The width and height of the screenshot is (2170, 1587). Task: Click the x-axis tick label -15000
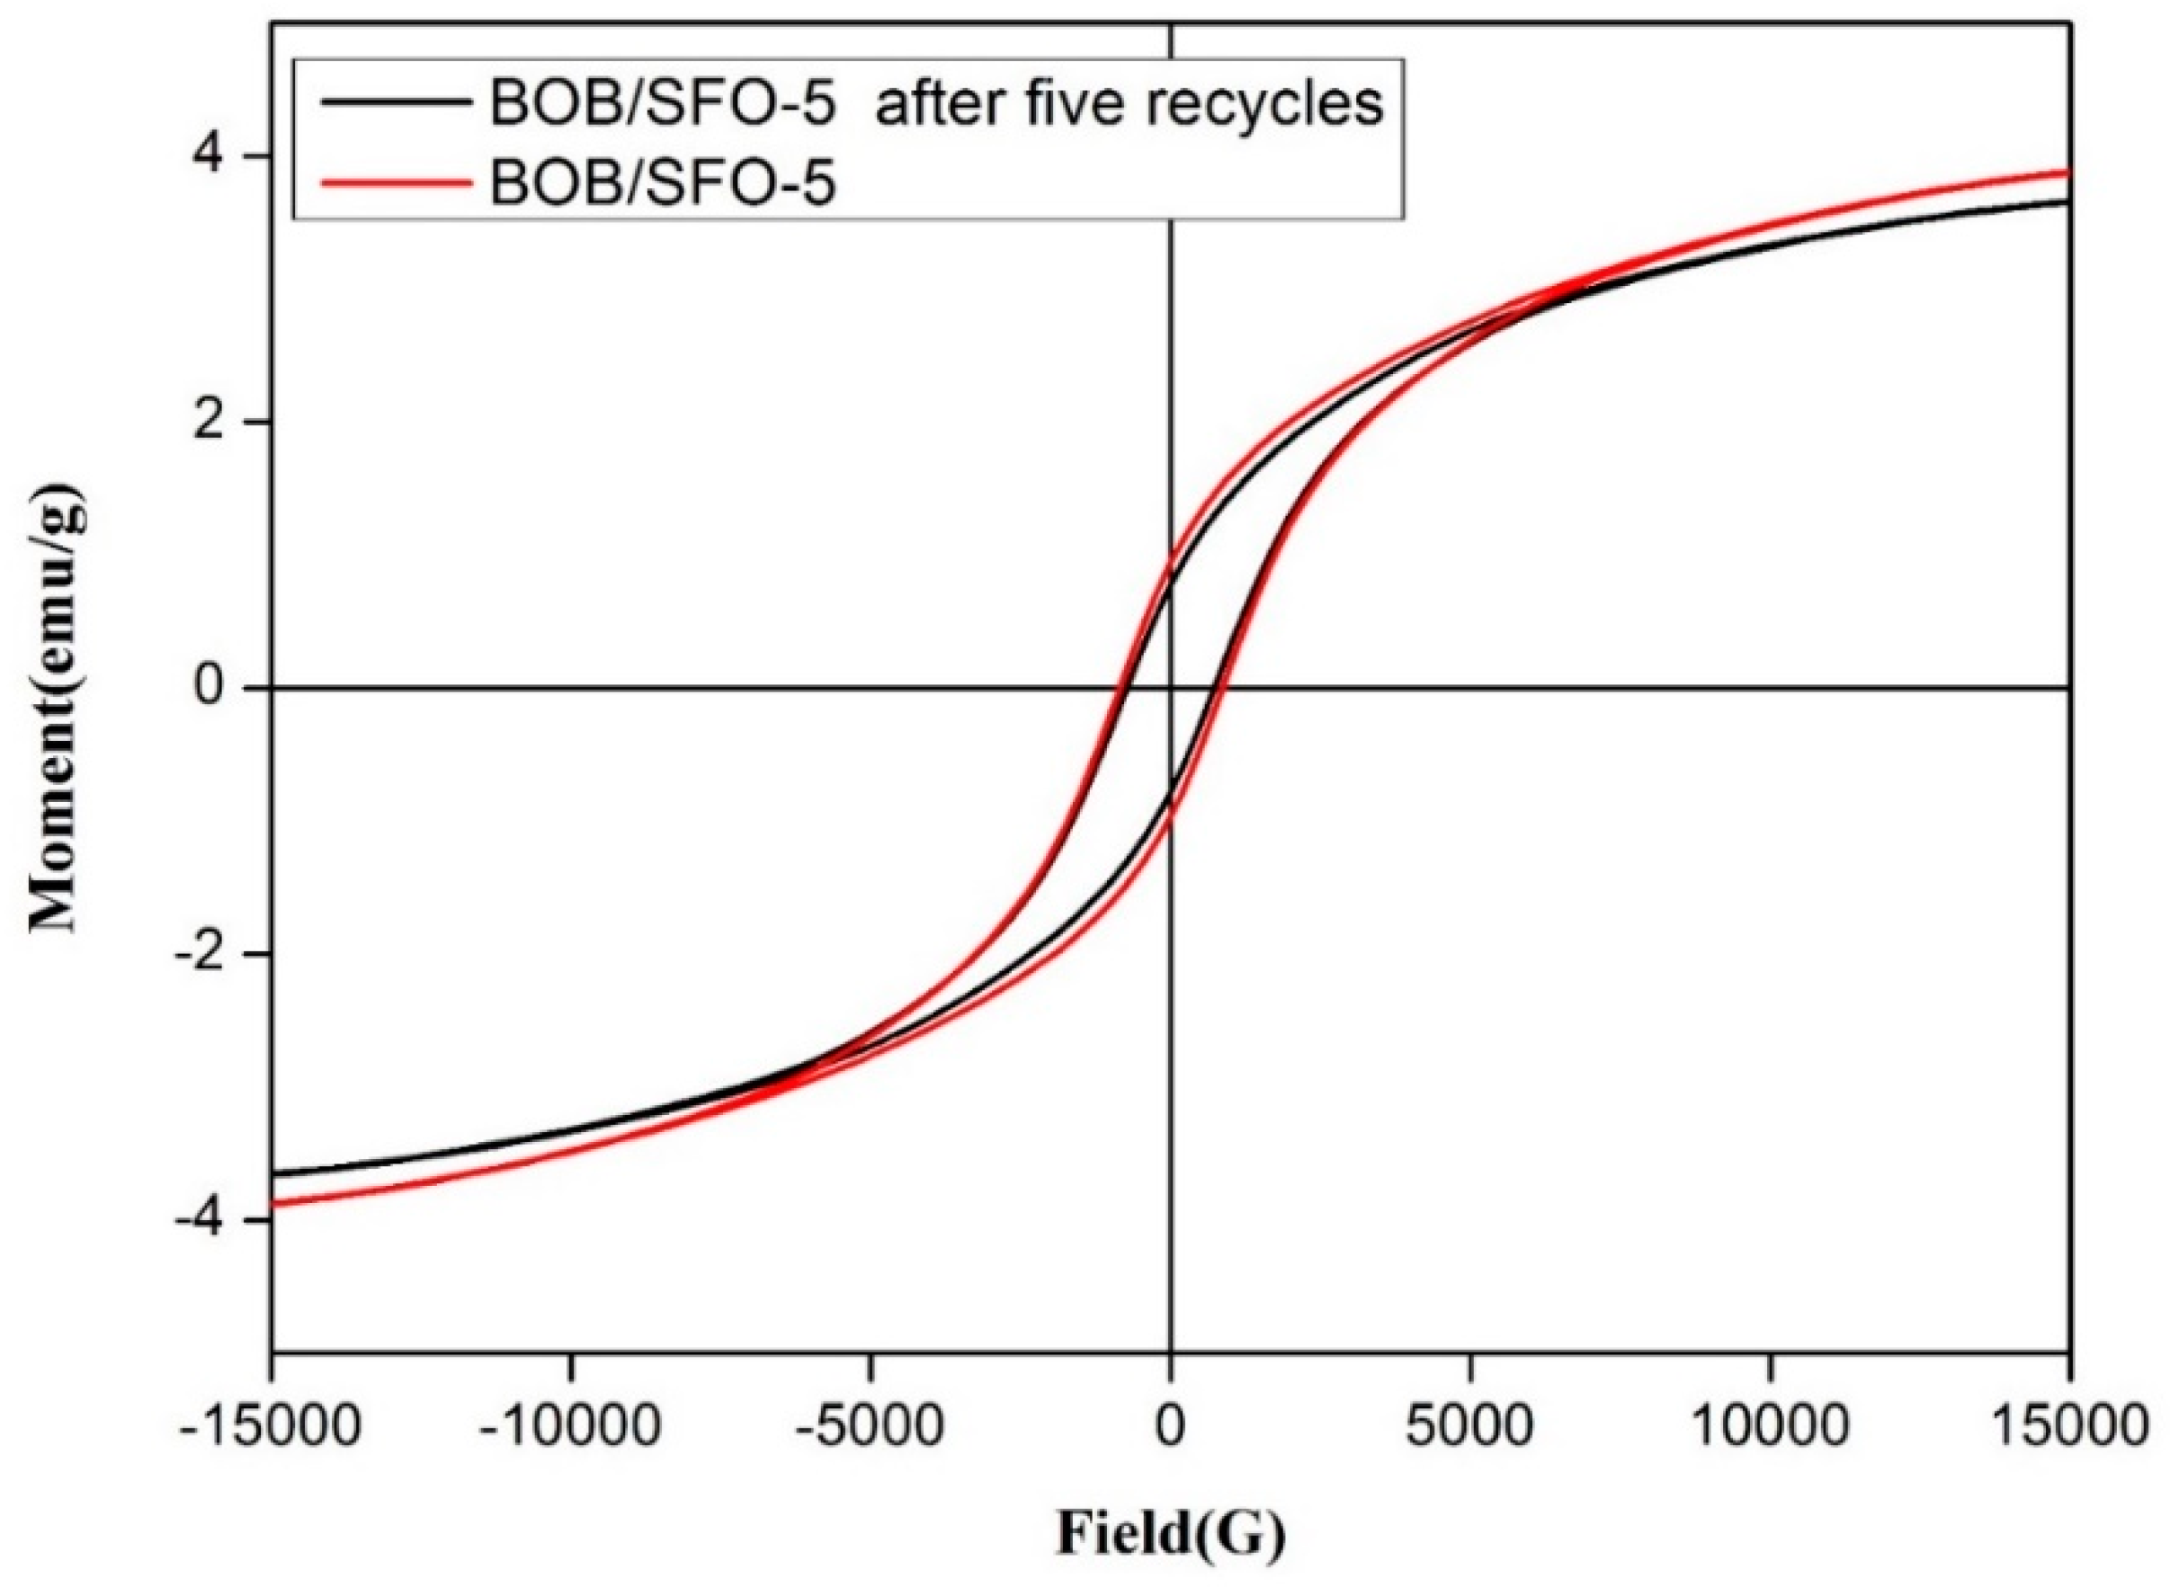point(270,1426)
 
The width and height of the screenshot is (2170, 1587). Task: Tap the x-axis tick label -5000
point(870,1426)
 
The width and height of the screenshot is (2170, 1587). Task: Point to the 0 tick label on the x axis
point(1169,1426)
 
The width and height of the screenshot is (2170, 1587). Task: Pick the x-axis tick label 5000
point(1469,1426)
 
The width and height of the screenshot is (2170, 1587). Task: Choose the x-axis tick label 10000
point(1769,1426)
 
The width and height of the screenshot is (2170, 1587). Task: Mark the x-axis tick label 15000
point(2068,1426)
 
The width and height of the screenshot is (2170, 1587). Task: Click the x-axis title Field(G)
point(1170,1535)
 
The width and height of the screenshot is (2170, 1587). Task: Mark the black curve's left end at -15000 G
point(273,1174)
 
